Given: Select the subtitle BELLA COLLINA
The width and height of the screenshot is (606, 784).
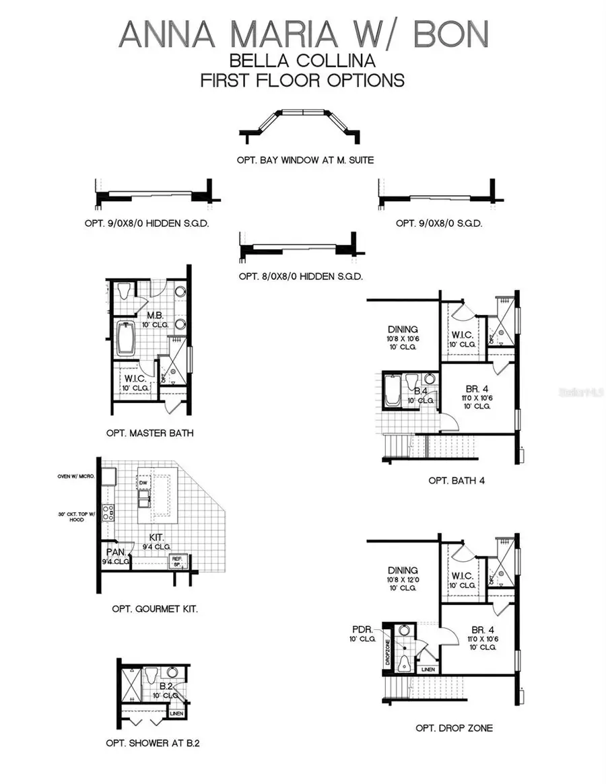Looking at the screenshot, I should coord(302,61).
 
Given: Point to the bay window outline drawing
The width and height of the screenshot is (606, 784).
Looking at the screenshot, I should coord(302,124).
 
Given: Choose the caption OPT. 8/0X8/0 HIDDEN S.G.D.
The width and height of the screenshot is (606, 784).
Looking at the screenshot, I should coord(301,276).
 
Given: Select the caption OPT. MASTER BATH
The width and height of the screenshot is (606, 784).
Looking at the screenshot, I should coord(149,433).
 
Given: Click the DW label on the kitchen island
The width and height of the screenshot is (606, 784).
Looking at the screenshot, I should coord(143,483).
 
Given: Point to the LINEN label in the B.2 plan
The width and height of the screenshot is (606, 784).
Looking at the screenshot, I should coord(176,713).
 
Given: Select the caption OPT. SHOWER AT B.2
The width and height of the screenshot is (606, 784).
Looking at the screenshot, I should coord(153,743).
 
